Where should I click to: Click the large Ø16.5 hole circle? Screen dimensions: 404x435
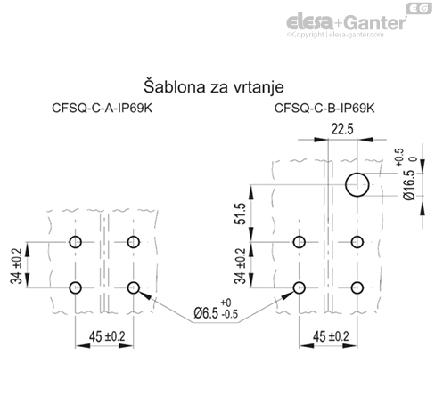[x=357, y=185]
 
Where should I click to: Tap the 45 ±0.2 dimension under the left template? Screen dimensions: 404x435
[x=104, y=337]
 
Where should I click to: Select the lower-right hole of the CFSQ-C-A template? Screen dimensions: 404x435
[x=135, y=287]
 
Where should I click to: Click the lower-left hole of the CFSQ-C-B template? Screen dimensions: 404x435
[x=298, y=287]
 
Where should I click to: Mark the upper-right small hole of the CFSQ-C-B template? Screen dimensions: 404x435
[x=357, y=243]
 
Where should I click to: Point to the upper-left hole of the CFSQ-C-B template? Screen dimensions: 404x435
[x=298, y=243]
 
